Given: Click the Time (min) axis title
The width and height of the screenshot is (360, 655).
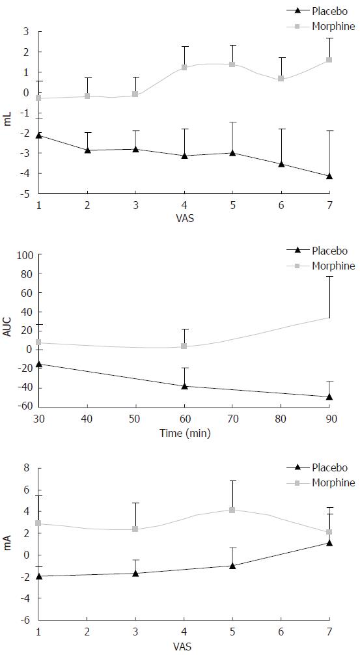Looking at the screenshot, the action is point(185,434).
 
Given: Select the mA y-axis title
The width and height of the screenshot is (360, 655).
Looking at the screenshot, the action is point(8,544).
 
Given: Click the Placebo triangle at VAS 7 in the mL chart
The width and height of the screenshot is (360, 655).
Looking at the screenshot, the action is point(329,176).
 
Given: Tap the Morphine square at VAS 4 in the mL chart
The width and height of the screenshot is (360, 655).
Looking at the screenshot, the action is point(184,68).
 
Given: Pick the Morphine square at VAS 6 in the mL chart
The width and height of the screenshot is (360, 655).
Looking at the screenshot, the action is point(281,79).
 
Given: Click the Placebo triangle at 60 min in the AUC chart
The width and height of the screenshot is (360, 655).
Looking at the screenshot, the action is point(184,386).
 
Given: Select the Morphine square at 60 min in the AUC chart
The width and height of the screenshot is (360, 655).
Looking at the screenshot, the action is point(184,346).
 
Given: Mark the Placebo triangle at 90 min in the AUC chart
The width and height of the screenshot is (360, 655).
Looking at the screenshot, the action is point(329,397).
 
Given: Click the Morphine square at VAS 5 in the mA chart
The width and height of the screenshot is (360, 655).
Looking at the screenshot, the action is point(232,510).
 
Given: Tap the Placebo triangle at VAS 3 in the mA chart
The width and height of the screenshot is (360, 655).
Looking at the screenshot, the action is point(135,573).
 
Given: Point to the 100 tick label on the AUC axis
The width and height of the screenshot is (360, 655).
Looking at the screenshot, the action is point(25,255).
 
